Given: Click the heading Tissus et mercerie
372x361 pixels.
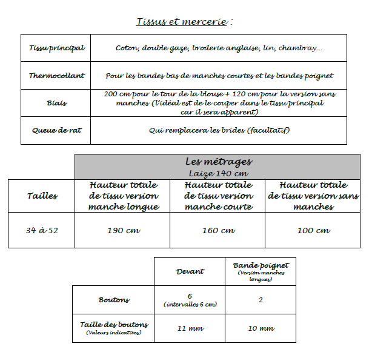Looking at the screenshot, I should point(184,22).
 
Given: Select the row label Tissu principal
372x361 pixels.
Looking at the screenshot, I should point(56,48).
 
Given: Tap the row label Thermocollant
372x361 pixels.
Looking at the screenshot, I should point(56,76).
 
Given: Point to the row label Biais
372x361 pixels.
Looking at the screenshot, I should point(56,103).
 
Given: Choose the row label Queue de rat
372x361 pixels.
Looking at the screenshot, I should point(56,130).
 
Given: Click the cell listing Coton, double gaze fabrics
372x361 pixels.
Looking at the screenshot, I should point(219,48).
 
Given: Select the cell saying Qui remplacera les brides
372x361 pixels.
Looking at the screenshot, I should point(219,130).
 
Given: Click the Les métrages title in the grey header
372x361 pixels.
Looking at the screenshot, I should point(218,162).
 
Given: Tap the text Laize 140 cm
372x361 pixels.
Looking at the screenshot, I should point(218,173).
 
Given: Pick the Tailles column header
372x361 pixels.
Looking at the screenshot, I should point(42,196).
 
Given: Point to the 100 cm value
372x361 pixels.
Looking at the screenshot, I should point(313,230).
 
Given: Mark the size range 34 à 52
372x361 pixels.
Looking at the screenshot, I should point(42,230).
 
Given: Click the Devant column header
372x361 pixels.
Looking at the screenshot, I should point(190,271).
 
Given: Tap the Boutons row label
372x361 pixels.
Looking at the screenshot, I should point(114,300).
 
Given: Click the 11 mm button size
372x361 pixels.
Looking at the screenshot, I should point(190,328).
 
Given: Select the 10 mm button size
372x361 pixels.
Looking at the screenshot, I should point(261,328).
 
